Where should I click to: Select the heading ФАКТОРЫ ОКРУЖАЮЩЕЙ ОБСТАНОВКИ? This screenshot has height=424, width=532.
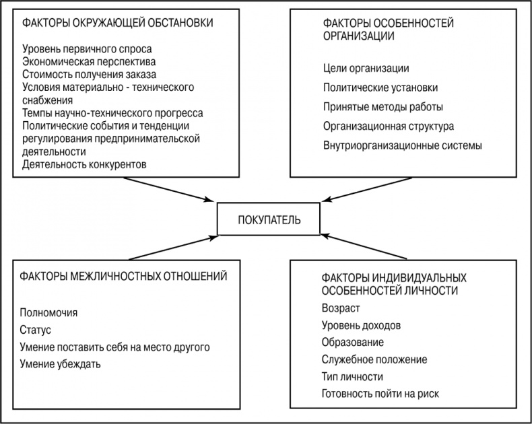pyautogui.click(x=119, y=22)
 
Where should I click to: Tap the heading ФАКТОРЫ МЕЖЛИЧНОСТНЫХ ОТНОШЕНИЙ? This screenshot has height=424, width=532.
pyautogui.click(x=124, y=276)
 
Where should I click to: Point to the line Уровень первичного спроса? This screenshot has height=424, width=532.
pyautogui.click(x=87, y=49)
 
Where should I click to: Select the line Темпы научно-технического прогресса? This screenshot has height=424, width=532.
pyautogui.click(x=112, y=113)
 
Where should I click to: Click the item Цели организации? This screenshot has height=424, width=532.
pyautogui.click(x=366, y=69)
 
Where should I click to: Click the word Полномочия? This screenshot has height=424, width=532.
pyautogui.click(x=49, y=313)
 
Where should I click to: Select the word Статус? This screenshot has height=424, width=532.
pyautogui.click(x=36, y=330)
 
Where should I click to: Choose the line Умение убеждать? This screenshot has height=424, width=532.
pyautogui.click(x=61, y=364)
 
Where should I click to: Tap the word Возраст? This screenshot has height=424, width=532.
pyautogui.click(x=341, y=308)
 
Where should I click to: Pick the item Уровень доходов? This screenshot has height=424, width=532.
pyautogui.click(x=362, y=325)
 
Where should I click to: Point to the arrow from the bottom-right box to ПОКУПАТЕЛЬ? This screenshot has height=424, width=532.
pyautogui.click(x=364, y=247)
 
